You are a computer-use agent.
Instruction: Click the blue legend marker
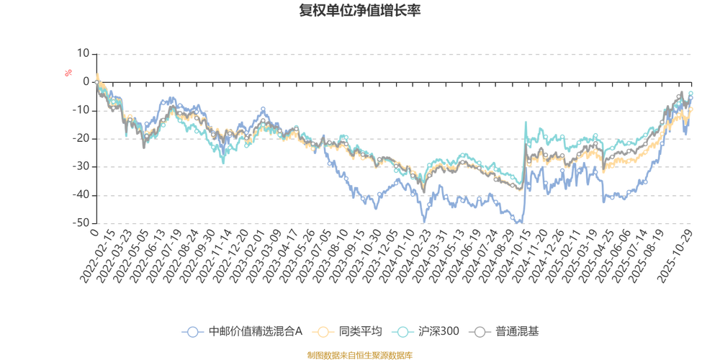pos(192,331)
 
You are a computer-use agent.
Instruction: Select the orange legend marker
pos(323,331)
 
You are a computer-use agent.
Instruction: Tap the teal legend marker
pos(404,331)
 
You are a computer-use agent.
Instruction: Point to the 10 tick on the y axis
pos(84,53)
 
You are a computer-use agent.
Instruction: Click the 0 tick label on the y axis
pos(86,81)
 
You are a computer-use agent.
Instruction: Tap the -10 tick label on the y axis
pos(82,109)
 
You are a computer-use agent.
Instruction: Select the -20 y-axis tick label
pos(82,138)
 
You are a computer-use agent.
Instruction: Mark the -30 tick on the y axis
pos(82,166)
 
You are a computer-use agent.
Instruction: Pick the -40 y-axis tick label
pos(82,195)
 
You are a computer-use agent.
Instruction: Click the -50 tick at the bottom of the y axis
pos(82,223)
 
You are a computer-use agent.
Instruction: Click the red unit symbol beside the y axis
pos(69,72)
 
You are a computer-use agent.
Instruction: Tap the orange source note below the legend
pos(359,354)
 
